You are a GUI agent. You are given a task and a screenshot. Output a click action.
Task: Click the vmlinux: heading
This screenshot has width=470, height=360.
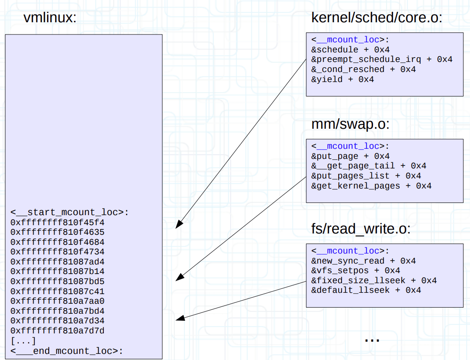tap(50, 18)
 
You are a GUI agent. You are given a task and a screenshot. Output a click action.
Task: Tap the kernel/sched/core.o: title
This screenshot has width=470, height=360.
tap(377, 18)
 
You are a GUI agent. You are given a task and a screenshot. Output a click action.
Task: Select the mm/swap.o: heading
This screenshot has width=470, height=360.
tap(350, 124)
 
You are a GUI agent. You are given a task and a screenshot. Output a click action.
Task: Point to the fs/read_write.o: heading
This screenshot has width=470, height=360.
tap(361, 229)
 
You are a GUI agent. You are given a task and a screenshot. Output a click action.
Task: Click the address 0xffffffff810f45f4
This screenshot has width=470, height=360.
tap(58, 222)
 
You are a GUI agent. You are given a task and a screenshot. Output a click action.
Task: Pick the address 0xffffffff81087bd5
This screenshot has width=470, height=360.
tap(58, 281)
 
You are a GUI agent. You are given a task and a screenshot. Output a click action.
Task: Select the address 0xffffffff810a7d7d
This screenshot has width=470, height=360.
tap(58, 331)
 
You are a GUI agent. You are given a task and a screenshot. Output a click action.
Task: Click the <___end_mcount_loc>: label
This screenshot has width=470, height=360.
tap(67, 351)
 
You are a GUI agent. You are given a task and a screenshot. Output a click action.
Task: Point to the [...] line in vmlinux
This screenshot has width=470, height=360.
tap(23, 341)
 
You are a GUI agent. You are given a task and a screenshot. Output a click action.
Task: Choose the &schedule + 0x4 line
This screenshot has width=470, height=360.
tap(350, 50)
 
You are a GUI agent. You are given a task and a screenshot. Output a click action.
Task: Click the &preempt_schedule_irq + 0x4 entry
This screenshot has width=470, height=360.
tap(382, 59)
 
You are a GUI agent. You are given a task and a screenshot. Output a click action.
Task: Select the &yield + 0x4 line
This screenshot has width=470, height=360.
tap(343, 79)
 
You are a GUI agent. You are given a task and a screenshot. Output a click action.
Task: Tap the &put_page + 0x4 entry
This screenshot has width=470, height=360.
tap(350, 156)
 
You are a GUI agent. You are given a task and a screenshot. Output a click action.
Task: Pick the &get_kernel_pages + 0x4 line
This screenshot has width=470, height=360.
tap(371, 186)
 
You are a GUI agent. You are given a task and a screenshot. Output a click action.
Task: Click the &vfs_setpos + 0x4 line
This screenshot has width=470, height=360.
tap(356, 271)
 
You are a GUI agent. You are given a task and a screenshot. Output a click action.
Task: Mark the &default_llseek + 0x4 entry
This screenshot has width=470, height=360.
tap(366, 290)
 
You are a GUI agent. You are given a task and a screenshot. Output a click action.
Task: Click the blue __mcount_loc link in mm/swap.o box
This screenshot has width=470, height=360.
tap(348, 146)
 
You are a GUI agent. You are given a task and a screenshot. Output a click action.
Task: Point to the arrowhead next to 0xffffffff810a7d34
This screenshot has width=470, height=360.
tap(179, 319)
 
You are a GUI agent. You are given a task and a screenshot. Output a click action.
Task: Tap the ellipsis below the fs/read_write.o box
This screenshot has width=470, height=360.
tap(372, 339)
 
